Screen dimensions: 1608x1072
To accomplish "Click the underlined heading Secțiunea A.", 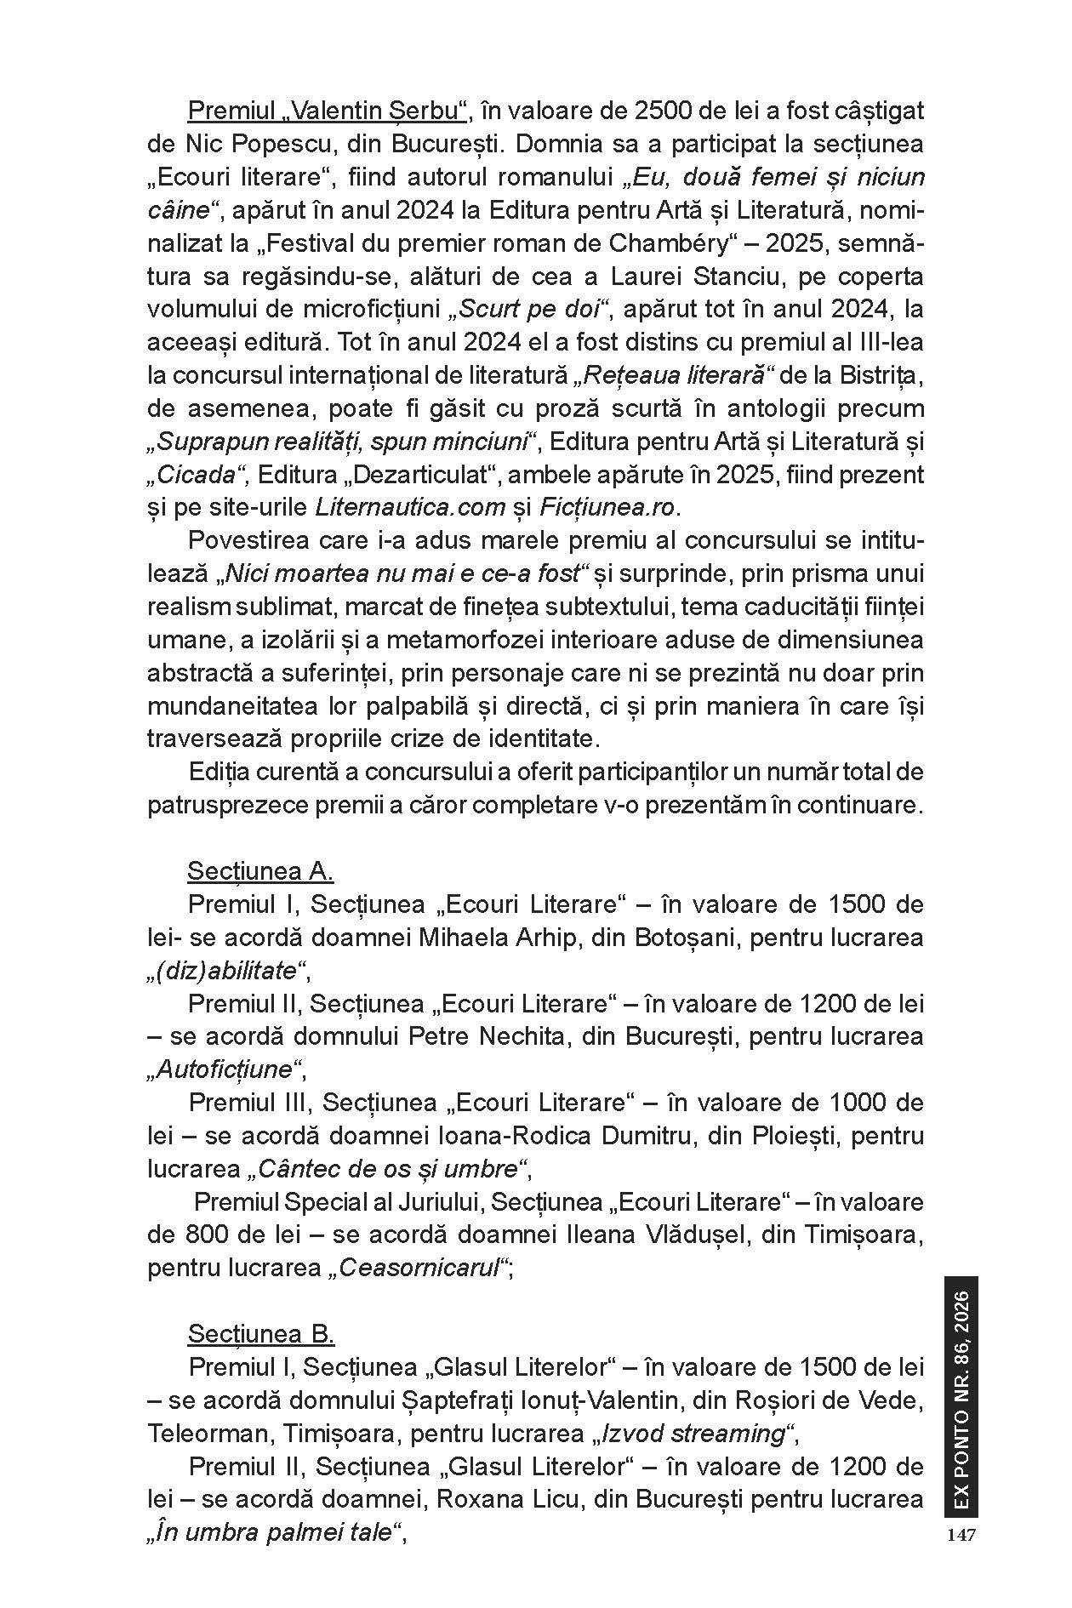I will click(260, 871).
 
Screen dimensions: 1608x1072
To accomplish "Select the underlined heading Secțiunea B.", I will click(261, 1333).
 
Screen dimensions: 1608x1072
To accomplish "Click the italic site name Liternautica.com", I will click(410, 507).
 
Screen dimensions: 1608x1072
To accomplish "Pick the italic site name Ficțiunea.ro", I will click(607, 507).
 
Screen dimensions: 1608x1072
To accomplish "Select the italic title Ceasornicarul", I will click(419, 1268).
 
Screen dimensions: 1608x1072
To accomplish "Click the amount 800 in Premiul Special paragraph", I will click(204, 1235).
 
